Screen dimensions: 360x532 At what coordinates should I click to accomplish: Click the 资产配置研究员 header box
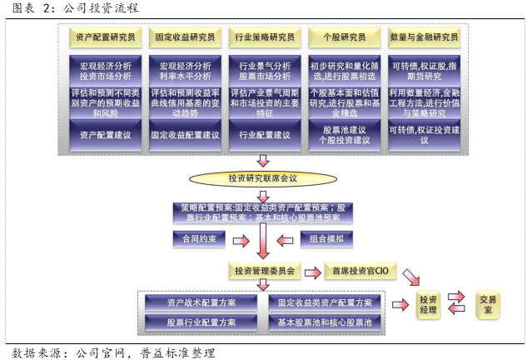(104, 37)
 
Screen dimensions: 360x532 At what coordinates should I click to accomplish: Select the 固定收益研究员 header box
(185, 37)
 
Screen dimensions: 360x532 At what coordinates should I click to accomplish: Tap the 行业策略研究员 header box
(265, 37)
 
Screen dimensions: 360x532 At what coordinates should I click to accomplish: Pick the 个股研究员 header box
(344, 37)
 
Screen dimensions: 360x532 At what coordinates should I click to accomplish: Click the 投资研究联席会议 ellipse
(262, 177)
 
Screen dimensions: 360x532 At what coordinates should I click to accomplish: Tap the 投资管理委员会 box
(264, 272)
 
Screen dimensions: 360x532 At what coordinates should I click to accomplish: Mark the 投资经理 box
(429, 305)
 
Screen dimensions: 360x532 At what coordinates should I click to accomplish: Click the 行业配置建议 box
(265, 135)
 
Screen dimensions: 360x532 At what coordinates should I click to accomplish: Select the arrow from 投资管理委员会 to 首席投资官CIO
(311, 272)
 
